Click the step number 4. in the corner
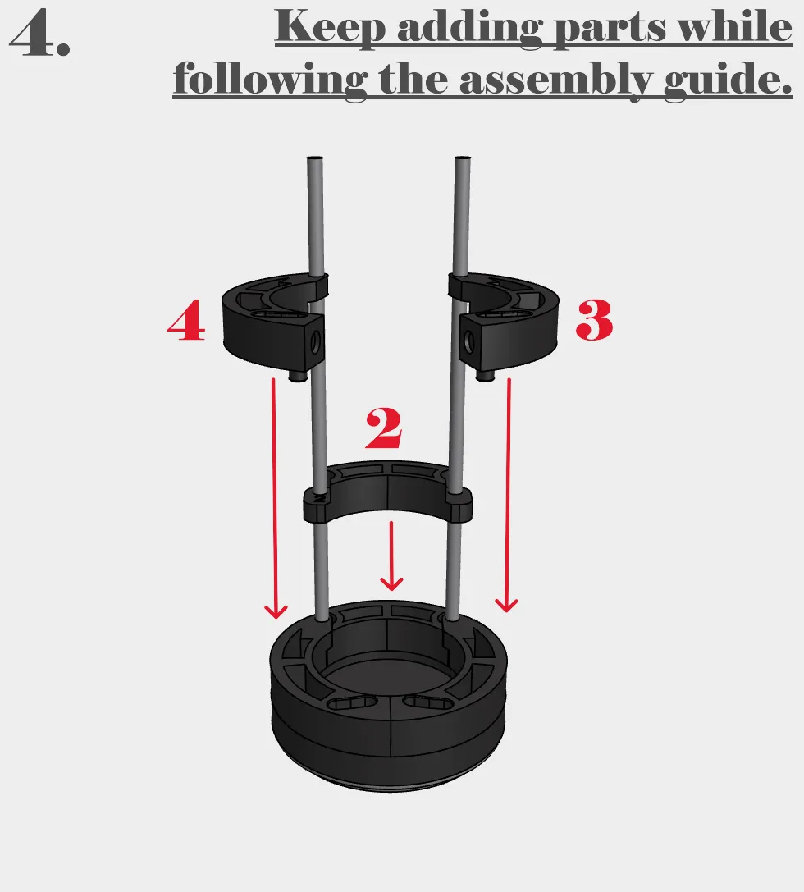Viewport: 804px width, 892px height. point(40,34)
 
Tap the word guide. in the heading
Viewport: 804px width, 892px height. point(728,79)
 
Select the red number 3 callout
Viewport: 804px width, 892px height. point(594,320)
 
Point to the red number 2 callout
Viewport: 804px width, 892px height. point(384,428)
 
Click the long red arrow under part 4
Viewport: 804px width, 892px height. point(275,498)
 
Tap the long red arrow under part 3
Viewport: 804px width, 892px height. point(508,496)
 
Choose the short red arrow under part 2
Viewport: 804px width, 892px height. point(391,556)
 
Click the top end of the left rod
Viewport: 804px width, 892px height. point(315,158)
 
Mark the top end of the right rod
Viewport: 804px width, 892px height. point(464,158)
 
